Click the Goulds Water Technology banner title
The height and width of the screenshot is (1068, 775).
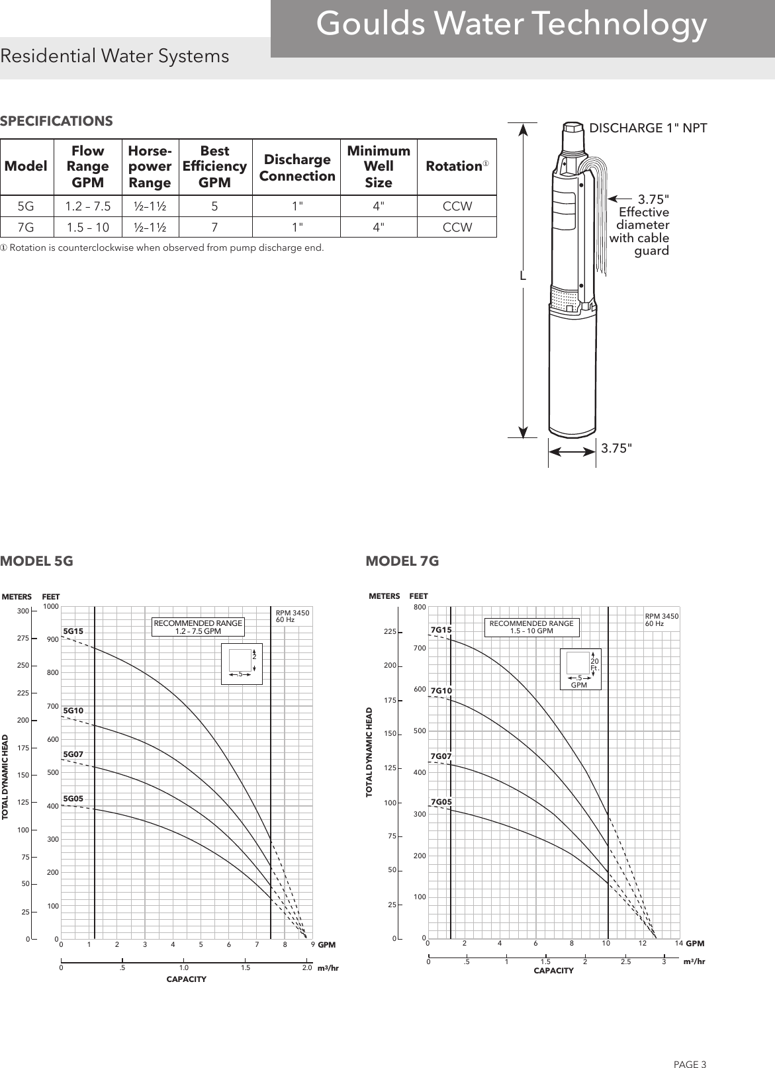coord(511,25)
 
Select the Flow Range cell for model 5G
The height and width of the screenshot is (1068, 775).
coord(87,206)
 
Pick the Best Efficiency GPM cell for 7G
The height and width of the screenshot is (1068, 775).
coord(214,228)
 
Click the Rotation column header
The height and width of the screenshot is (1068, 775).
coord(456,167)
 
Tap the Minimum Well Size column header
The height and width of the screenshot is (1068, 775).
coord(379,167)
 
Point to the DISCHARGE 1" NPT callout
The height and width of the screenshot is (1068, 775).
coord(648,128)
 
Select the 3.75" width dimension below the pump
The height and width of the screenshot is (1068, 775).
coord(616,449)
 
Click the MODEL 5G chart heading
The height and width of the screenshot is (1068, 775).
coord(36,561)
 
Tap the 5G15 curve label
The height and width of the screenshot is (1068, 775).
coord(73,631)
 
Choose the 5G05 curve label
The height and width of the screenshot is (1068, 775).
coord(73,799)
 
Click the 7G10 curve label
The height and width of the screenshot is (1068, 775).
coord(441,691)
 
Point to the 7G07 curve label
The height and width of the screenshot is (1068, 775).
coord(441,756)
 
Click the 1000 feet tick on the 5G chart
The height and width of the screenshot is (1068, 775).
coord(51,606)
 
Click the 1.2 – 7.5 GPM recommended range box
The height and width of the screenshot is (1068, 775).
coord(198,627)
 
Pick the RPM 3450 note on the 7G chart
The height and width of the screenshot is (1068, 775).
coord(661,620)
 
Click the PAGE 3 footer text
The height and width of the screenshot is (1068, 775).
coord(690,1046)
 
